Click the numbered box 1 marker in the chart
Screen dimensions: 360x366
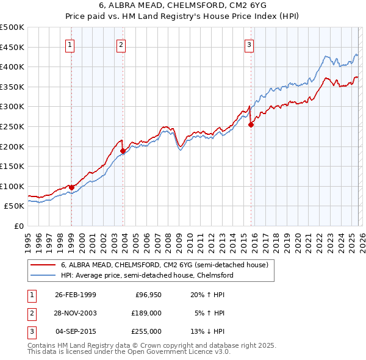point(71,44)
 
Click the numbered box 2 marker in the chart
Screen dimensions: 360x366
point(122,44)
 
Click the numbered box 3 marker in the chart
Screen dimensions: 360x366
point(249,44)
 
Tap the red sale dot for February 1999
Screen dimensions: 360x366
point(72,187)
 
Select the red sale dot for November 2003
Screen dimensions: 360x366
point(123,151)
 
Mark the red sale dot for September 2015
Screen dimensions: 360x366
point(251,124)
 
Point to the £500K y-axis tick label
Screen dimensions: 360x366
point(12,27)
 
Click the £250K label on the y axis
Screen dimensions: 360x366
point(12,127)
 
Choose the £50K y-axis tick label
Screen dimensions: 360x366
point(15,206)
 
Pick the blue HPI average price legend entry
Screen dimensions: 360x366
point(147,275)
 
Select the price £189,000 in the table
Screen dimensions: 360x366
point(147,313)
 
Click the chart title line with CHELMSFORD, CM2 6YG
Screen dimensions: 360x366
point(183,5)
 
